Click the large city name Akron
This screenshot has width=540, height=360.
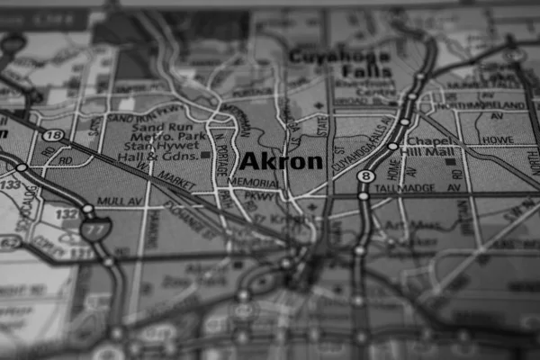[281, 162]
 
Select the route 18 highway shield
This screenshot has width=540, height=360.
[54, 135]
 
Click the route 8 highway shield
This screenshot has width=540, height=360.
[365, 176]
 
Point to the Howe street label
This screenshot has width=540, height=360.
[497, 141]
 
